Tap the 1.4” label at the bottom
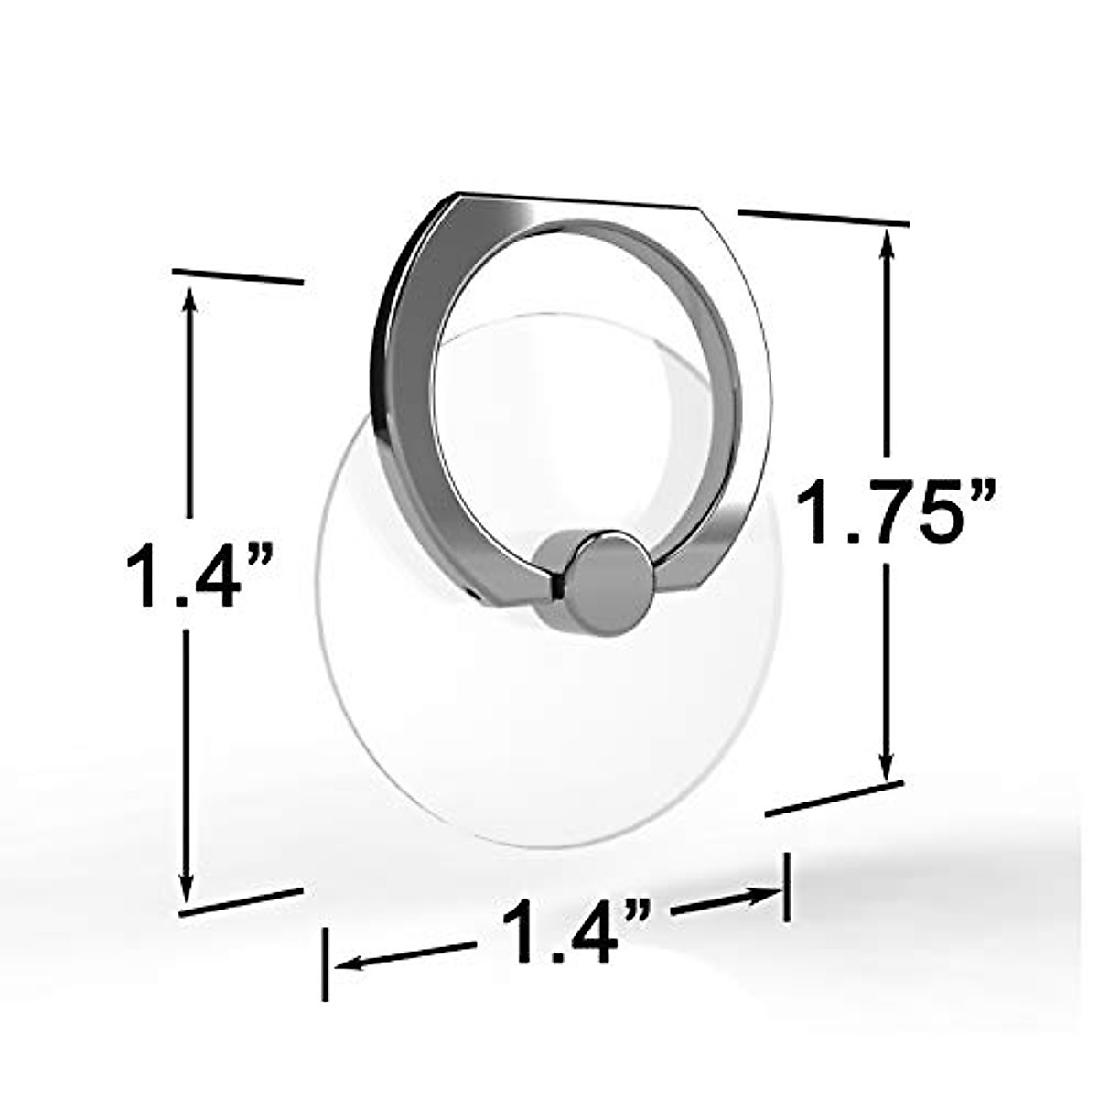click(x=576, y=931)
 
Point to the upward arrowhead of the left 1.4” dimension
click(x=189, y=298)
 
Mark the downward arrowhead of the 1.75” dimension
click(x=885, y=769)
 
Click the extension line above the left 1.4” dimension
click(x=237, y=276)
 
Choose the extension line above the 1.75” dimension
click(x=823, y=217)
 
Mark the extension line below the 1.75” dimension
click(x=834, y=797)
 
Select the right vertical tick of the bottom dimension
click(x=786, y=887)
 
